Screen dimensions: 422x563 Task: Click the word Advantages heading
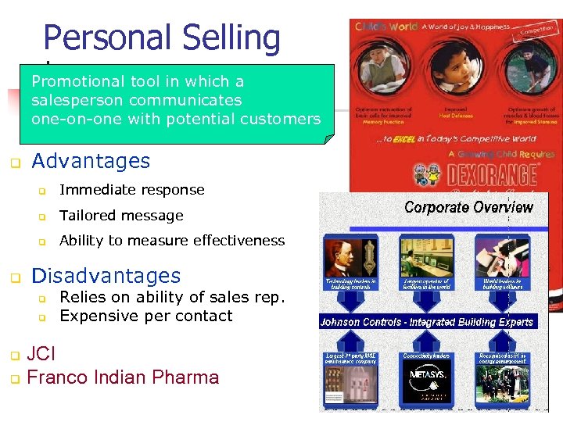point(91,162)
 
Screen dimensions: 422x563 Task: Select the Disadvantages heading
point(106,276)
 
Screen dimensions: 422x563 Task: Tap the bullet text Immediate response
point(131,190)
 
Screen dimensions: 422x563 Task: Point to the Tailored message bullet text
point(121,216)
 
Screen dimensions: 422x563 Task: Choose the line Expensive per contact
point(145,316)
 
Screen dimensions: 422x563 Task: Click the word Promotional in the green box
point(77,81)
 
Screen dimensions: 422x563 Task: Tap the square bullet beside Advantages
point(14,164)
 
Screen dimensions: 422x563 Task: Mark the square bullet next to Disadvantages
point(14,278)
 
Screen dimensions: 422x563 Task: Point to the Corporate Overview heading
point(468,208)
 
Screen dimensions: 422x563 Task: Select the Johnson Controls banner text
point(426,322)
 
